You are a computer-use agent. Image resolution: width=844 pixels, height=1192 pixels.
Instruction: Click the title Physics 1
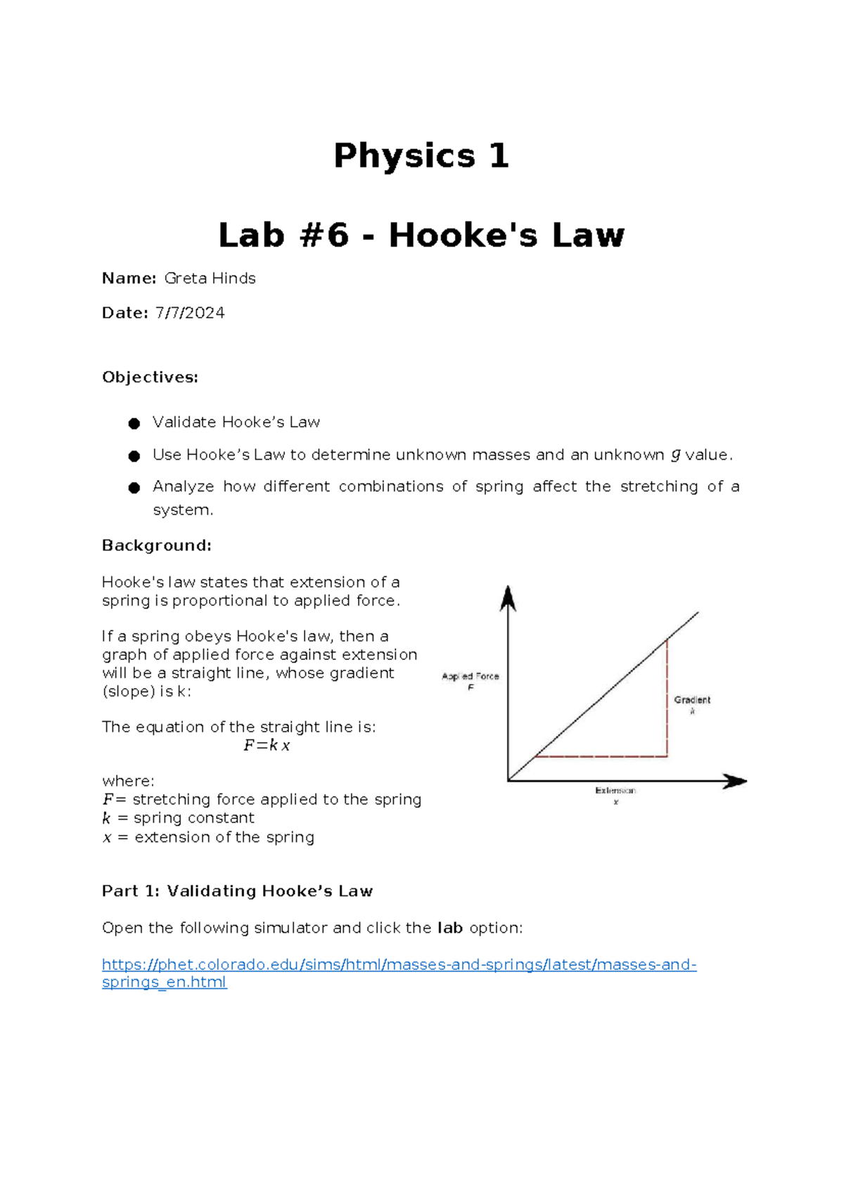point(421,155)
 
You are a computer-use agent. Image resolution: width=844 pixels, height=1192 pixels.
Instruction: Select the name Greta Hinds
point(210,278)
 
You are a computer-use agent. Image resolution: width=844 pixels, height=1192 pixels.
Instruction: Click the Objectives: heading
point(150,377)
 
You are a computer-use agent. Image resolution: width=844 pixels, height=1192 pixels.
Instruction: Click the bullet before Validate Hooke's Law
point(134,423)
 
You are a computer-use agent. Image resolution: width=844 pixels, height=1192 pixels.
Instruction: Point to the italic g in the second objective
point(675,455)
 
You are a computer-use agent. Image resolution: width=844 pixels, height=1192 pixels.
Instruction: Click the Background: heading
point(156,545)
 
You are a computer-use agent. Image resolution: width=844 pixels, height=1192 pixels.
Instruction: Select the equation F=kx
point(267,746)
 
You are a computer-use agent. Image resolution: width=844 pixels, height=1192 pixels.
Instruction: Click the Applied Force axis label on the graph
point(470,677)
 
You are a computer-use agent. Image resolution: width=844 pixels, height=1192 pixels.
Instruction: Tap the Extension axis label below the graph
point(615,791)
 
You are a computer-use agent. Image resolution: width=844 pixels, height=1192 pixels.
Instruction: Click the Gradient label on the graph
point(692,700)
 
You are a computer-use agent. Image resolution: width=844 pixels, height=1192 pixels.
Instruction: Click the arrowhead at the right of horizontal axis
point(735,781)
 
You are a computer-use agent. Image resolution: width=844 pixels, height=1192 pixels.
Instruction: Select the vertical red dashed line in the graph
point(667,696)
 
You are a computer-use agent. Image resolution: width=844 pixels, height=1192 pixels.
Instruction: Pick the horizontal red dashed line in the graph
point(601,756)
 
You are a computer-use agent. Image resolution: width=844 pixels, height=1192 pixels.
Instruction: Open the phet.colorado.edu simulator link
point(399,965)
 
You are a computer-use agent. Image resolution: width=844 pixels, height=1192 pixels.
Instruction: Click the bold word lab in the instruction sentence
point(449,928)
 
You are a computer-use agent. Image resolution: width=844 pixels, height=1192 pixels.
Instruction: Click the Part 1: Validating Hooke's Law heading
point(237,891)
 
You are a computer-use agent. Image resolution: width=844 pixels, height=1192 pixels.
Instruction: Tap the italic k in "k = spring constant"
point(106,818)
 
